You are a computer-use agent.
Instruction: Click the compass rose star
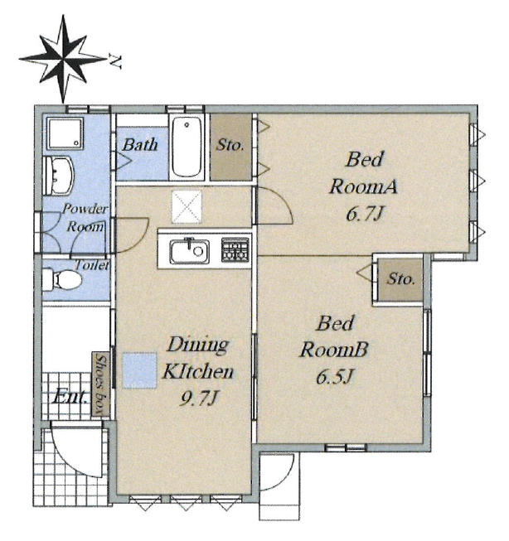point(63,59)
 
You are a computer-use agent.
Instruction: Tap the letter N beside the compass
point(115,61)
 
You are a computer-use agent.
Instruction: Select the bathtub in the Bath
point(187,147)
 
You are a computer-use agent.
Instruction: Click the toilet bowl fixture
point(62,279)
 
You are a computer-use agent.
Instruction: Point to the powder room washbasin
point(58,176)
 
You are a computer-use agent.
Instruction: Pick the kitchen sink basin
point(190,251)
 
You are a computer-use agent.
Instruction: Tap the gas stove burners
point(235,249)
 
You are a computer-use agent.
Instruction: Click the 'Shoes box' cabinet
point(100,384)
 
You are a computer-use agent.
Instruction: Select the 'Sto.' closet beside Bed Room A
point(230,147)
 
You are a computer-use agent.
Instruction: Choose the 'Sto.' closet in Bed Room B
point(400,280)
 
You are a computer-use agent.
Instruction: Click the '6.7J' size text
point(365,214)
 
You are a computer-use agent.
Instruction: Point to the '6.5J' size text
point(335,376)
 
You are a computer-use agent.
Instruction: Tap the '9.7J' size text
point(199,399)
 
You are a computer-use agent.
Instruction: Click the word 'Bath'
point(140,145)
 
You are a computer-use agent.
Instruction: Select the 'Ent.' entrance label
point(70,397)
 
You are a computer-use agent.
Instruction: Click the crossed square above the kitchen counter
point(187,206)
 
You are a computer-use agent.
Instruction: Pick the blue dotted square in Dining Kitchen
point(140,370)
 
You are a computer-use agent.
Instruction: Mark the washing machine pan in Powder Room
point(65,133)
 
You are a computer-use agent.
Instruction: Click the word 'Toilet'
point(92,265)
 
